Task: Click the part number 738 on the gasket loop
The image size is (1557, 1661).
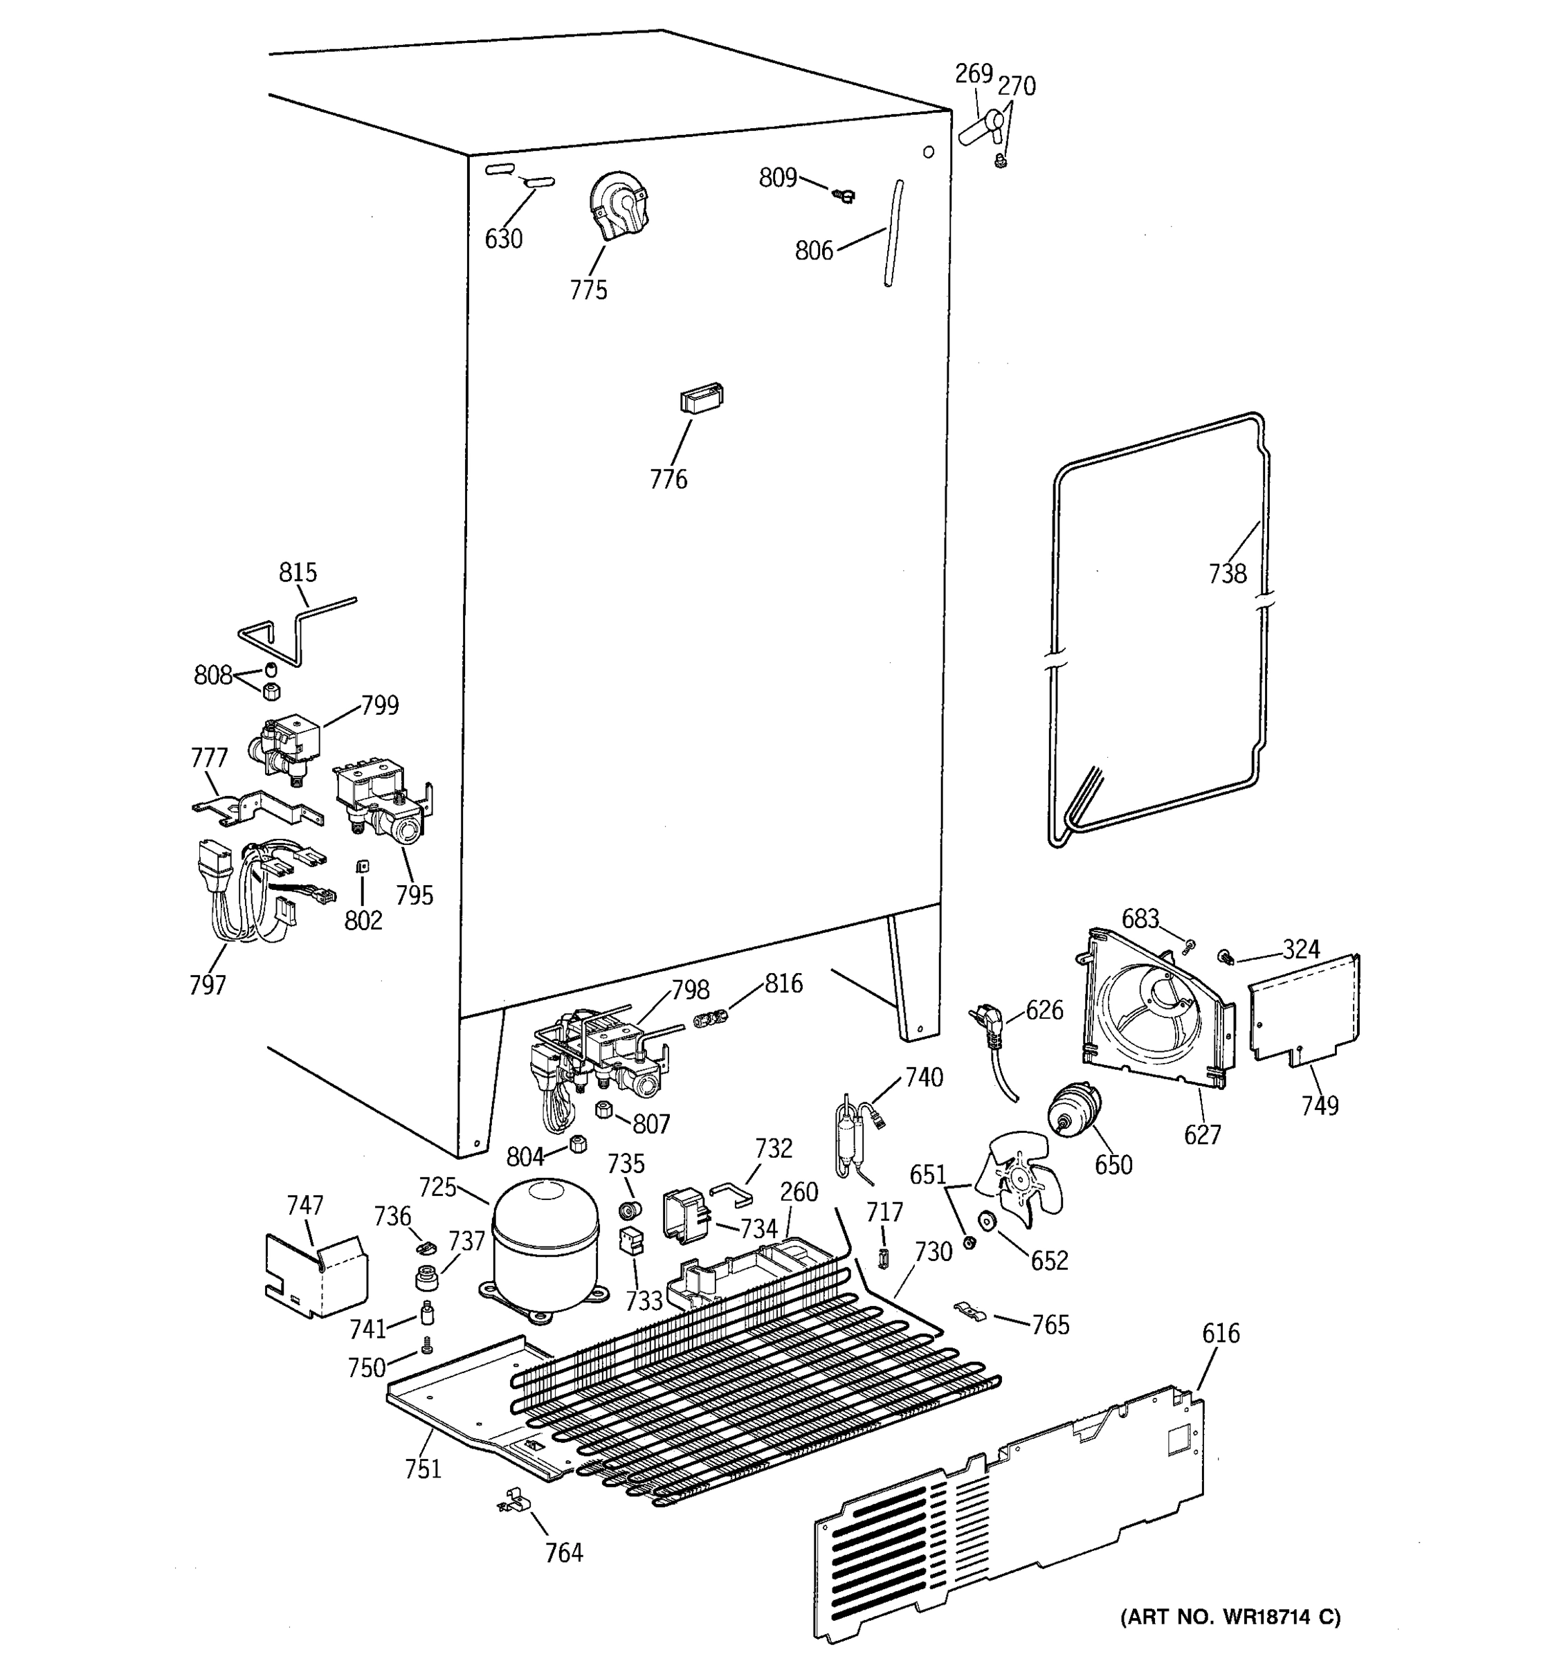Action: tap(1227, 574)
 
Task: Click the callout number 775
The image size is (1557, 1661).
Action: tap(588, 291)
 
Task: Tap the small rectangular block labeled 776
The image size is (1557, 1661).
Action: tap(701, 399)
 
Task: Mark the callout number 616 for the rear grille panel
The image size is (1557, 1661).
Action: tap(1221, 1334)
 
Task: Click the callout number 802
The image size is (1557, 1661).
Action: tap(363, 920)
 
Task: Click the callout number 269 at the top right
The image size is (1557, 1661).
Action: tap(973, 74)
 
